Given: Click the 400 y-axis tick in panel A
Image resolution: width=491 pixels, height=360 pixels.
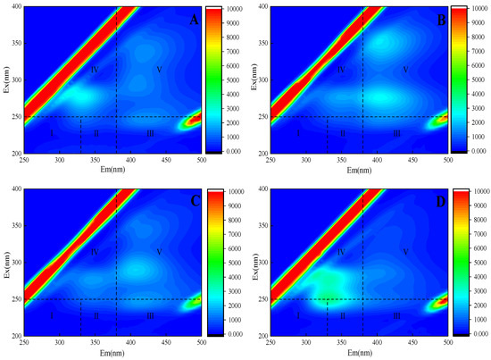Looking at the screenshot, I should tap(15, 6).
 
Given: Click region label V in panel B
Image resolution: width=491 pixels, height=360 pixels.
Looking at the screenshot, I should tap(404, 70).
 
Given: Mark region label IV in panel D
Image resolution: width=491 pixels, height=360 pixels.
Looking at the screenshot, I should tap(340, 253).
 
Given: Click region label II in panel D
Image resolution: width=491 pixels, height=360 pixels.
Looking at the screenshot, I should tap(342, 315).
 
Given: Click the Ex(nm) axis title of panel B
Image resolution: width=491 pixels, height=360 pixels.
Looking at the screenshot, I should tap(253, 80).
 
